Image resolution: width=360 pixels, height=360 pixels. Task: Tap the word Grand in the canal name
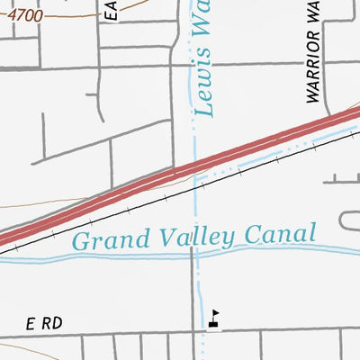pyautogui.click(x=97, y=240)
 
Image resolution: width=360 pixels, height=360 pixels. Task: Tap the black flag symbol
pyautogui.click(x=213, y=318)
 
